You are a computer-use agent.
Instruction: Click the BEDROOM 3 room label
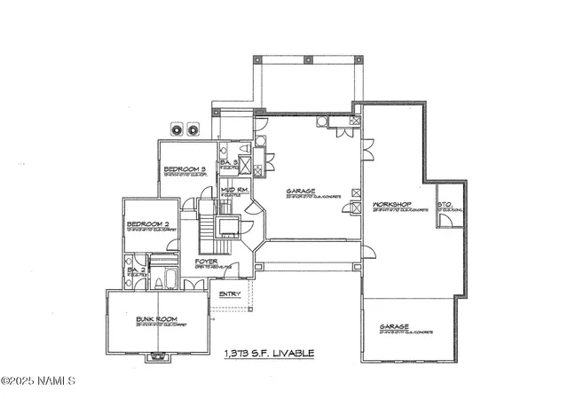185,168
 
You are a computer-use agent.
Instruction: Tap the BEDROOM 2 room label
147,223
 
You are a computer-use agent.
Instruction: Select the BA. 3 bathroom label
228,162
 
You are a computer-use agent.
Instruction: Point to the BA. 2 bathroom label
136,270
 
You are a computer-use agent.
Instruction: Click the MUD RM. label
233,190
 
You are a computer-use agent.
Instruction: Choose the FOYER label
207,262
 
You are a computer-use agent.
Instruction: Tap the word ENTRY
230,293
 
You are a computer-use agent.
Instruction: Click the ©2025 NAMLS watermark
38,381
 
